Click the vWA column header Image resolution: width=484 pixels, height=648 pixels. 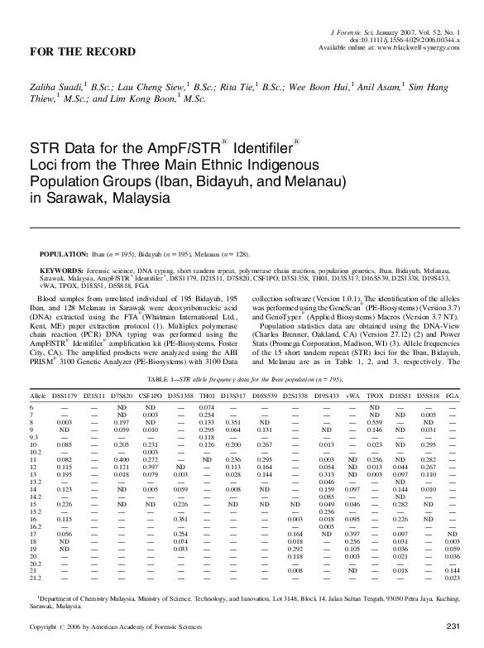click(353, 396)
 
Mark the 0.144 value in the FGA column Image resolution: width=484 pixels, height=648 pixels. click(453, 571)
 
